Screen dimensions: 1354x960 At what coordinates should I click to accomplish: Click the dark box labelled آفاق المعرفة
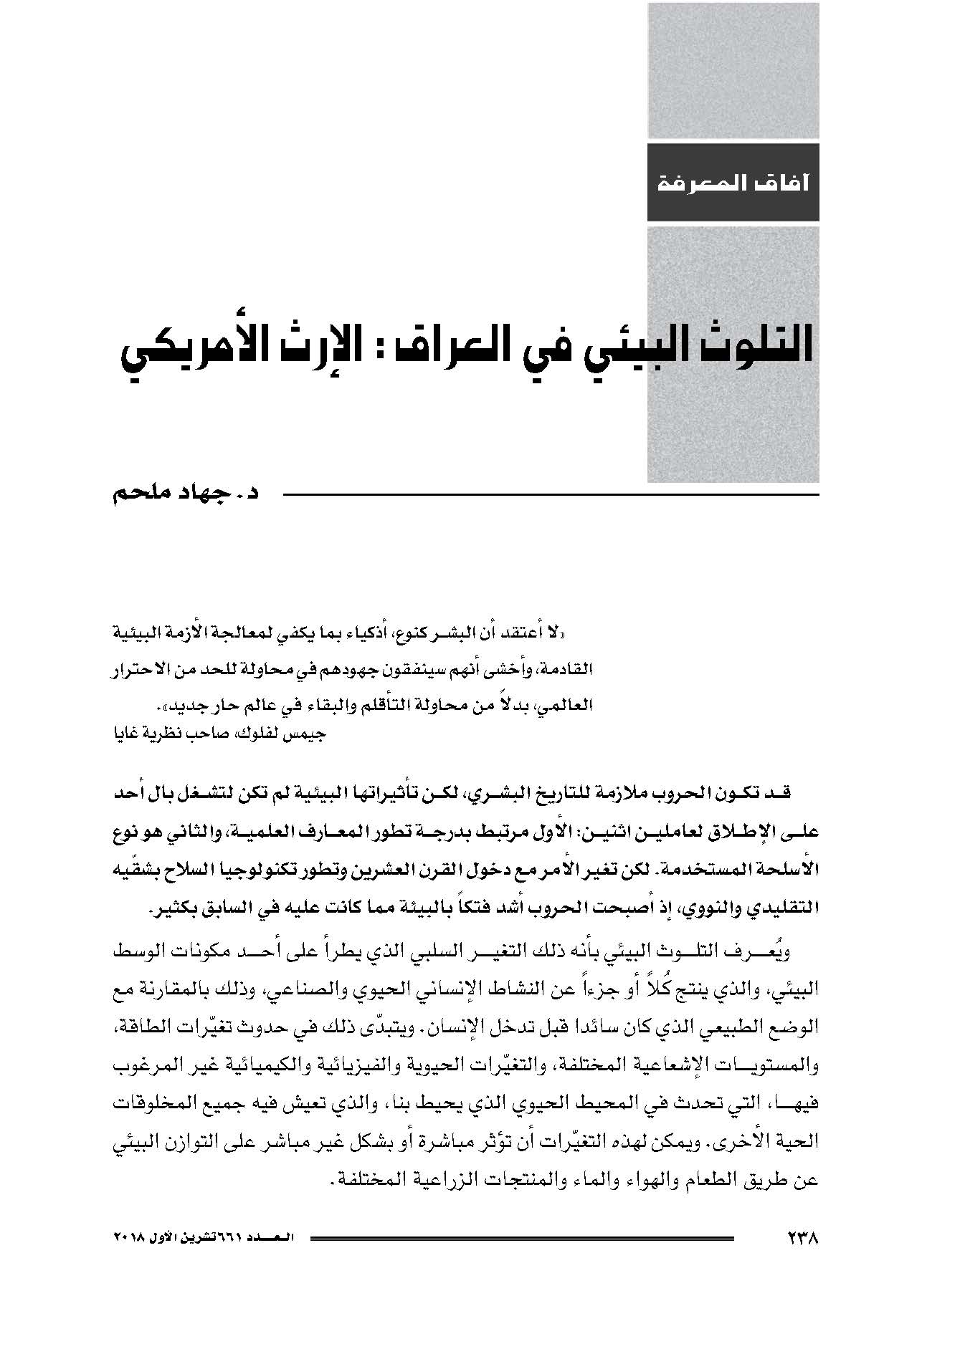(x=733, y=182)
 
